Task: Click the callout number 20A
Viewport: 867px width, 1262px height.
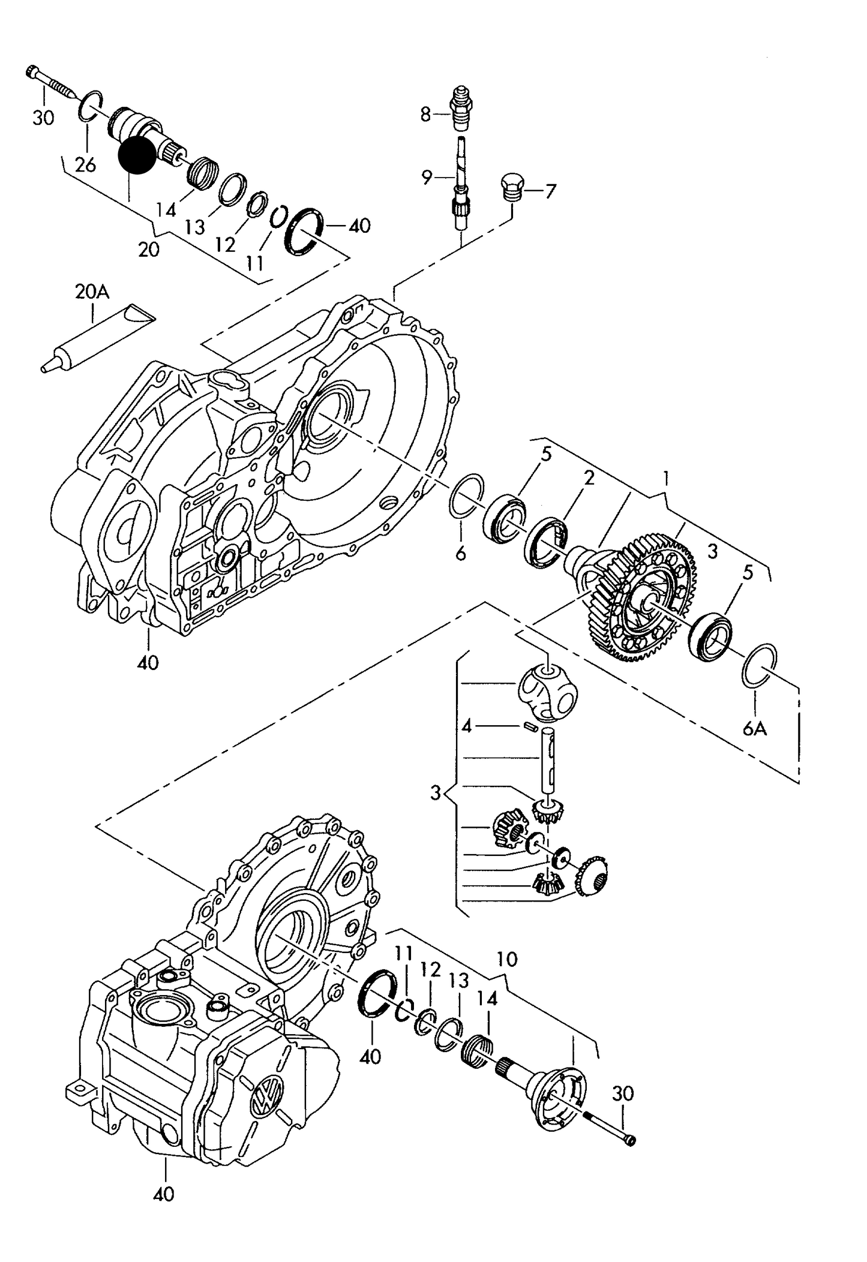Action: coord(92,292)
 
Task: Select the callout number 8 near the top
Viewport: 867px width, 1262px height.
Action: coord(425,114)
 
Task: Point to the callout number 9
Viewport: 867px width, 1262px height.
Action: coord(427,177)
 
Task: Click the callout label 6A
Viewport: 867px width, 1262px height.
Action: coord(755,729)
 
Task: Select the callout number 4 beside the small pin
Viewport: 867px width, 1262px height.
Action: coord(467,727)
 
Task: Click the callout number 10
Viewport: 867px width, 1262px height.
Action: coord(507,959)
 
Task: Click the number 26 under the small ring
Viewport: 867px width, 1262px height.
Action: coord(86,164)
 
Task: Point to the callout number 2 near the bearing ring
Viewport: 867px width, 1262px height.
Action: coord(589,478)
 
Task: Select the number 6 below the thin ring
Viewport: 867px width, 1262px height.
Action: coord(460,553)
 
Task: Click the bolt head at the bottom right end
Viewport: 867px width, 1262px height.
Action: coord(629,1140)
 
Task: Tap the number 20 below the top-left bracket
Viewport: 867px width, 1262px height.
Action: coord(148,250)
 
